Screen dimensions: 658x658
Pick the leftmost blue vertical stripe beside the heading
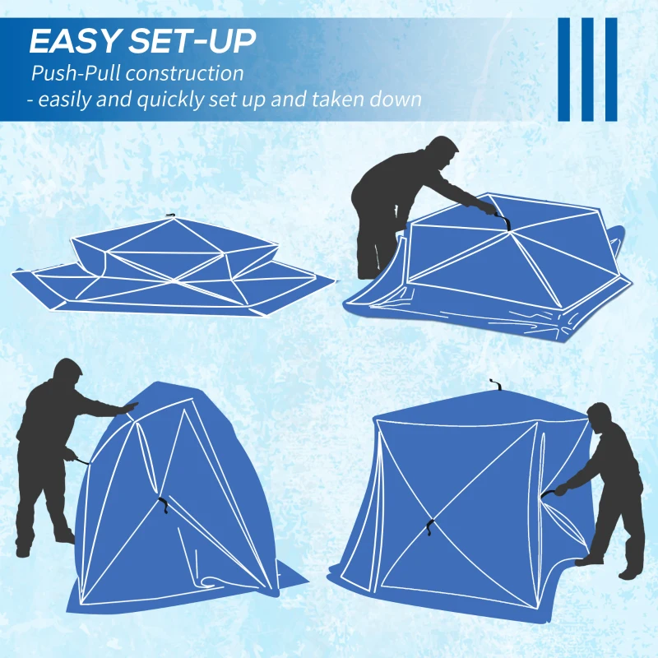[x=564, y=69]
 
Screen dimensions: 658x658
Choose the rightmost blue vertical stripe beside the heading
[x=610, y=69]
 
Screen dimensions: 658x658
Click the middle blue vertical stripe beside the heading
[x=587, y=69]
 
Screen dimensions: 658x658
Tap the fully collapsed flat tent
[x=173, y=267]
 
